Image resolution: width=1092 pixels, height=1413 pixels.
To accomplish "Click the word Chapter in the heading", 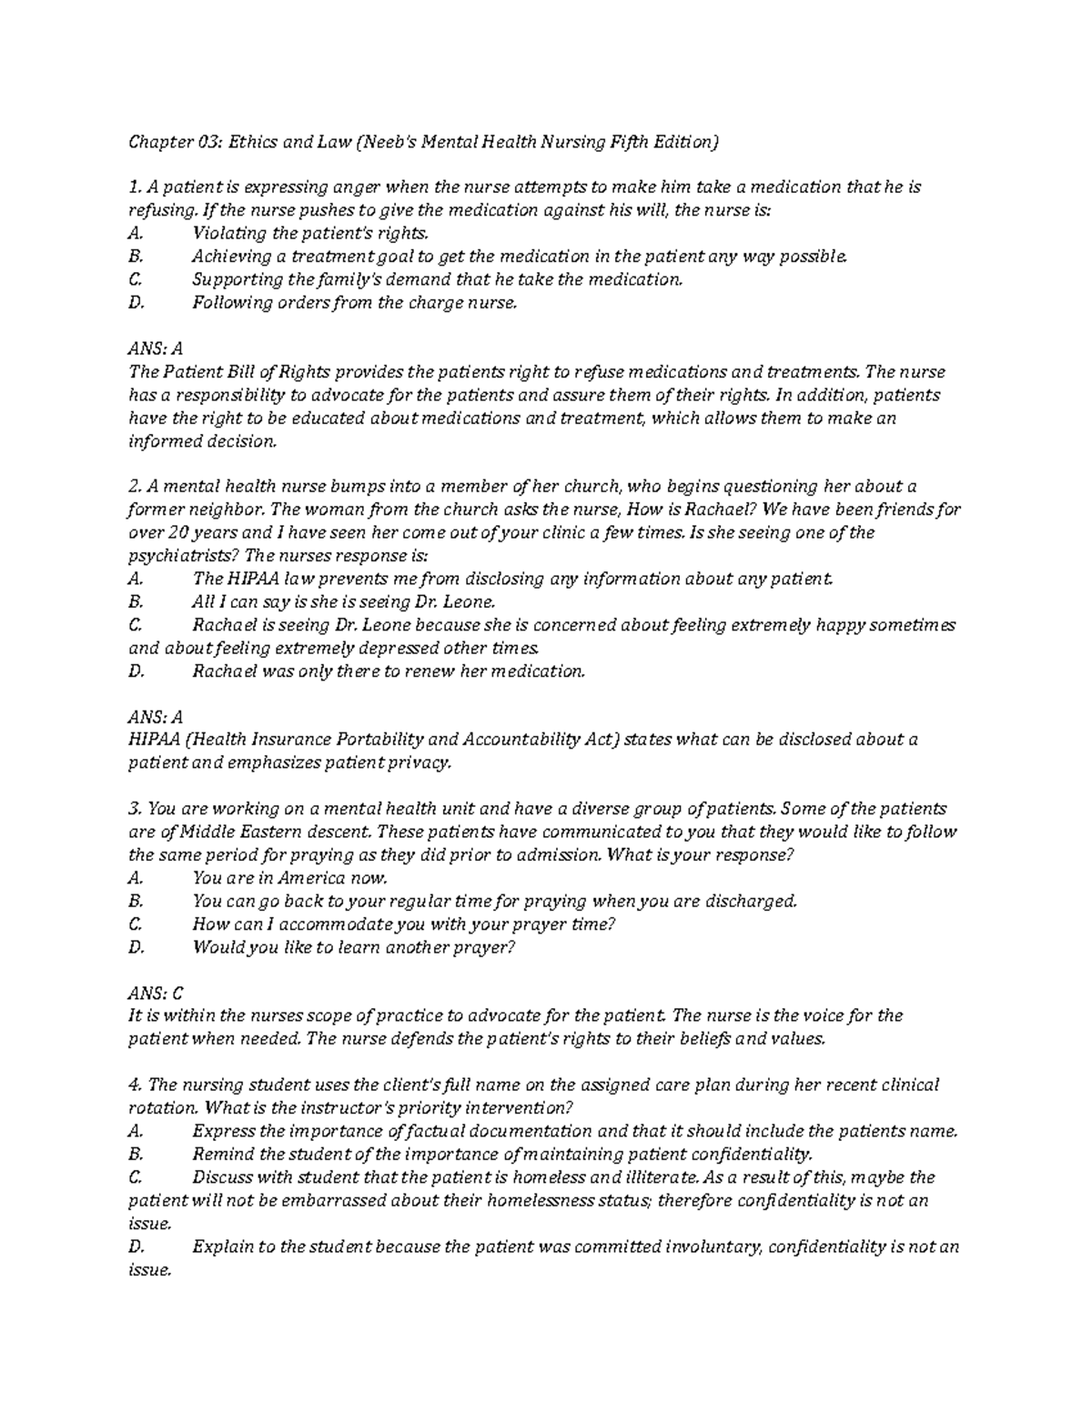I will tap(158, 142).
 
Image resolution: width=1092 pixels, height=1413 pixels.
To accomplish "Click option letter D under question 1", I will tap(136, 303).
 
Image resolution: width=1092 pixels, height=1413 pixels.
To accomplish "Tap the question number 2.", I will tap(133, 487).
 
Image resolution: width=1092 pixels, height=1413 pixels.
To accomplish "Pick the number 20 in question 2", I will tap(186, 533).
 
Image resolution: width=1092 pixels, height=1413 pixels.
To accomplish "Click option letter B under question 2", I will tap(136, 602).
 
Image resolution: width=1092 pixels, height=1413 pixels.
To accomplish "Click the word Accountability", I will tap(515, 740).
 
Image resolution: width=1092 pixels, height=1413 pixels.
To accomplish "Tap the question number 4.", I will tap(134, 1085).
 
